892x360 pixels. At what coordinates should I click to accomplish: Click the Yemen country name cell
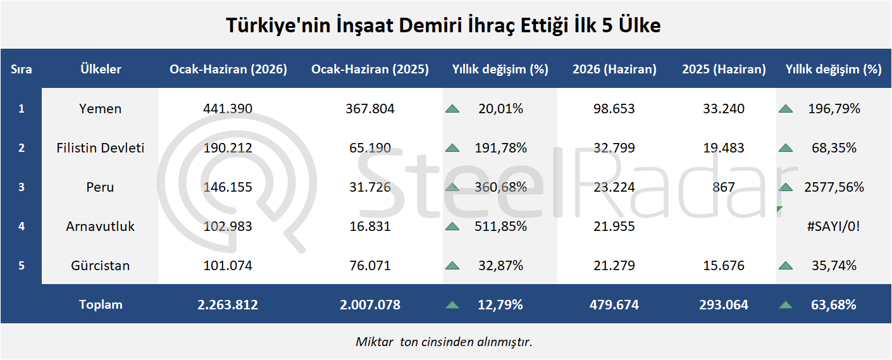coord(100,108)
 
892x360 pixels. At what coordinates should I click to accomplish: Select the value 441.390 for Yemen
coord(228,108)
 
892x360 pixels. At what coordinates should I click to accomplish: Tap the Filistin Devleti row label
coord(100,148)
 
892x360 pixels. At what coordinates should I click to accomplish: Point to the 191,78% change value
coord(500,148)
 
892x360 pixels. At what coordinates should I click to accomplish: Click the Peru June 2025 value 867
coord(724,187)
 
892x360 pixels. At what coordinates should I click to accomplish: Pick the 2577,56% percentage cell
coord(834,187)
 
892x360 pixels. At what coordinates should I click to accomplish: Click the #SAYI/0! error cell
coord(833,227)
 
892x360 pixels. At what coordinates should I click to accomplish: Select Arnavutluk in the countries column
coord(100,227)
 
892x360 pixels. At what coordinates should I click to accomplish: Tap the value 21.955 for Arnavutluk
coord(614,227)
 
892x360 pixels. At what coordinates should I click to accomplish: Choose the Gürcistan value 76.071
coord(370,265)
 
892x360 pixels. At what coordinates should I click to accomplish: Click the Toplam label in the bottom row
coord(101,305)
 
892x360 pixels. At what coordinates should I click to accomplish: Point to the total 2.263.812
coord(228,305)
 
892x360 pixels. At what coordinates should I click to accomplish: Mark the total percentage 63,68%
coord(833,305)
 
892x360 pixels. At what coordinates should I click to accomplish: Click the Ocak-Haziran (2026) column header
coord(228,70)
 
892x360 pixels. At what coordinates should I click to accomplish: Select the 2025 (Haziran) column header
coord(724,70)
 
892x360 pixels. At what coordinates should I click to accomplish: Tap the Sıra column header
coord(21,70)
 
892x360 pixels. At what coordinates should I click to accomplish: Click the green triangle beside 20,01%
coord(452,108)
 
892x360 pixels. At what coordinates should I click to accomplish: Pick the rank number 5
coord(22,266)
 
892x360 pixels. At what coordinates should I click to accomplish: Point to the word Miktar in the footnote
coord(375,342)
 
